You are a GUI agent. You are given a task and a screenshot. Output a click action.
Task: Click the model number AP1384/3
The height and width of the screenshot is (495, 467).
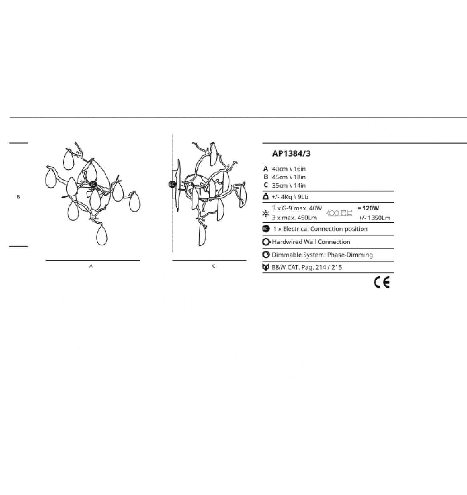pos(291,153)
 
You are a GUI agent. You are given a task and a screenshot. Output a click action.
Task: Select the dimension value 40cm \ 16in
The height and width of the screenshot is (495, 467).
pos(289,169)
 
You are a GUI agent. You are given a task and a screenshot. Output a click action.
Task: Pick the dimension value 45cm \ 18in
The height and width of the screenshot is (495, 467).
pos(289,177)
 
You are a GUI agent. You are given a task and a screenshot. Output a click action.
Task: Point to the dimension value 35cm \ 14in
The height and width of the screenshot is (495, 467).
pos(289,186)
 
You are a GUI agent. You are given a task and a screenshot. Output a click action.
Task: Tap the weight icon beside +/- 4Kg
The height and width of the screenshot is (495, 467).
pos(266,196)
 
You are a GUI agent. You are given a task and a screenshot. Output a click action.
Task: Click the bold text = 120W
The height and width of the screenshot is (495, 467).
pos(368,208)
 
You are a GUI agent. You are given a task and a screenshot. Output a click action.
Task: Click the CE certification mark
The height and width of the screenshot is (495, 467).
pos(382,283)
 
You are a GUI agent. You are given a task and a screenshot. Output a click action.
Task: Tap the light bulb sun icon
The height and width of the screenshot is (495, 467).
pos(266,213)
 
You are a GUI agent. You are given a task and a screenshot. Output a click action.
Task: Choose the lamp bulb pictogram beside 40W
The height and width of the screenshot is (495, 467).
pos(339,213)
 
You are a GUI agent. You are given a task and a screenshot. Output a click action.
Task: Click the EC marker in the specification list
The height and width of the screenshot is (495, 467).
pos(266,229)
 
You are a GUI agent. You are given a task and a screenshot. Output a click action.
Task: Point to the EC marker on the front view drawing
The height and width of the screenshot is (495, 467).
pos(93,184)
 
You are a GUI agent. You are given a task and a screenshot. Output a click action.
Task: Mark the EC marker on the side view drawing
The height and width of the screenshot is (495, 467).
pos(172,184)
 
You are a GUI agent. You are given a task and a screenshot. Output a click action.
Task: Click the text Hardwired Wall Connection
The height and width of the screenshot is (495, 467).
pos(311,242)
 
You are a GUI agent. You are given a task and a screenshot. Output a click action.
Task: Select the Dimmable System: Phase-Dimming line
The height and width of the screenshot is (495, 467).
pos(322,255)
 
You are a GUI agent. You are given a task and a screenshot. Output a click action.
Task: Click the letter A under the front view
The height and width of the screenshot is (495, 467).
pos(91,266)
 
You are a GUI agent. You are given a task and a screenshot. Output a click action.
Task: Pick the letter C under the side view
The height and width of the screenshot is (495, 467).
pos(214,266)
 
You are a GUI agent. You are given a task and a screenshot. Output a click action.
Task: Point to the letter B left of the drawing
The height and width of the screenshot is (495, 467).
pos(18,197)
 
